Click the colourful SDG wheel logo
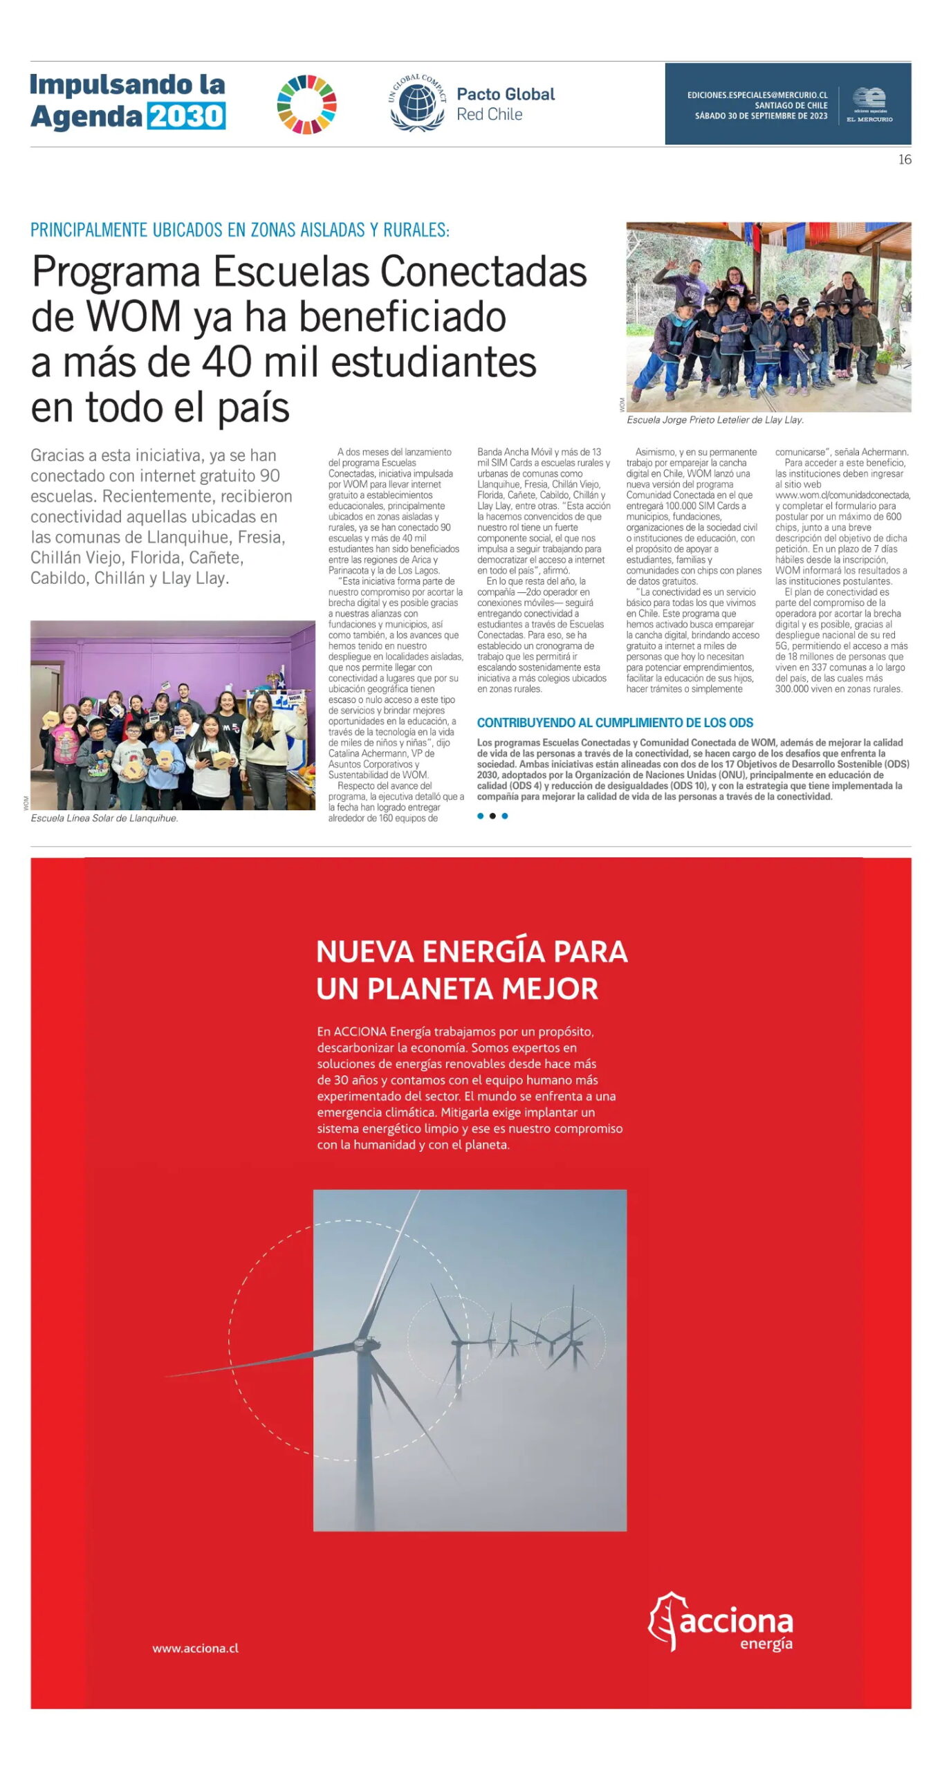click(306, 104)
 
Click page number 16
click(904, 160)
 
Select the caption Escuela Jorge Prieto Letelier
click(714, 420)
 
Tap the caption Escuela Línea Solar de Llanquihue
click(104, 818)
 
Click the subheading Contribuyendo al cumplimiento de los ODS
click(615, 723)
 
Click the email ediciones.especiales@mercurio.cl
click(757, 95)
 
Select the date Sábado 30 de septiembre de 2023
click(761, 116)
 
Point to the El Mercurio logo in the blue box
click(869, 104)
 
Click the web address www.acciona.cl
click(196, 1649)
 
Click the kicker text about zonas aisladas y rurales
click(239, 230)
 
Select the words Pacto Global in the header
click(506, 94)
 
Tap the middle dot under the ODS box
click(492, 816)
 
